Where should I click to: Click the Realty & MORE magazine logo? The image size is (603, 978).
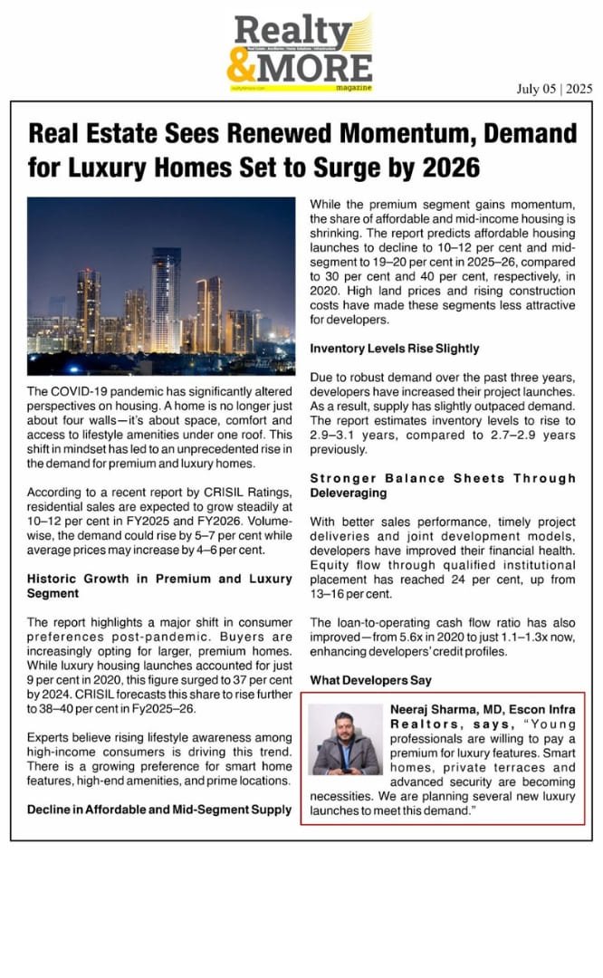click(x=301, y=52)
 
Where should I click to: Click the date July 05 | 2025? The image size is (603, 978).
click(x=554, y=89)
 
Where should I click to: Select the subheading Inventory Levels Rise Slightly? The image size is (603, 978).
click(x=395, y=348)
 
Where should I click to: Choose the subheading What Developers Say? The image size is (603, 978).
click(x=370, y=680)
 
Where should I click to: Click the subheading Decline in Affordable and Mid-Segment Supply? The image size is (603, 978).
click(x=160, y=809)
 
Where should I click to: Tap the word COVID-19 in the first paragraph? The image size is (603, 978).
click(x=83, y=390)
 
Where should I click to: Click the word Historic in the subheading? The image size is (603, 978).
click(x=54, y=579)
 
